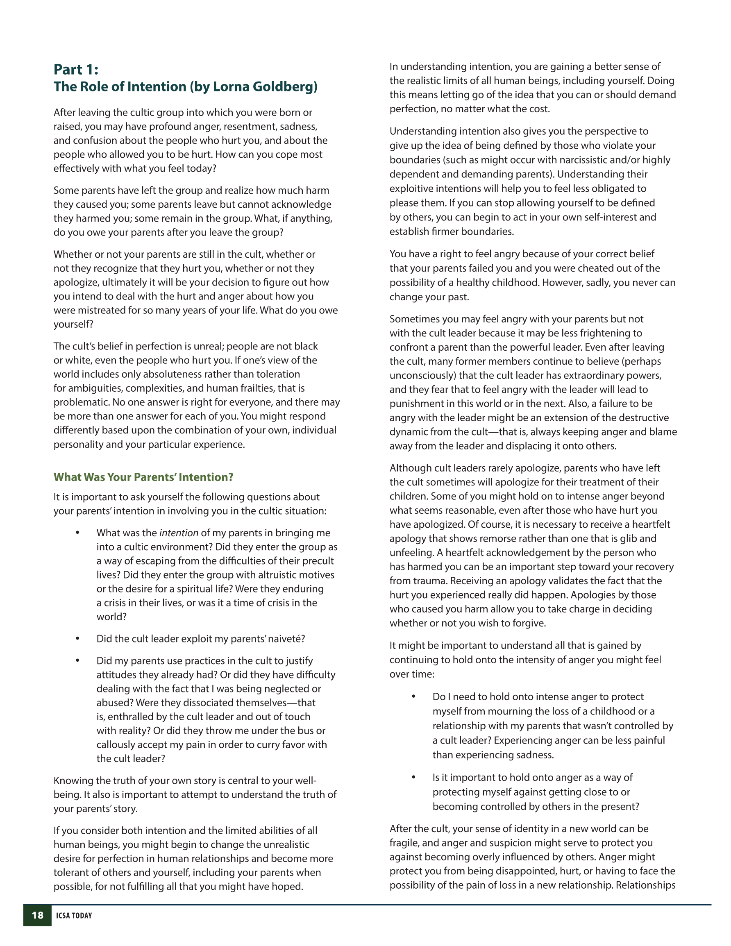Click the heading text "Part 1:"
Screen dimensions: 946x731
pos(76,69)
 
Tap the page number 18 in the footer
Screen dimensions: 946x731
pos(37,915)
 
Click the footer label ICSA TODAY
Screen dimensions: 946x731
pos(74,915)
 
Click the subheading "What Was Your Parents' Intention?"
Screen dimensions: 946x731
pos(143,477)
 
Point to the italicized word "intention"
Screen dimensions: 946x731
pos(179,533)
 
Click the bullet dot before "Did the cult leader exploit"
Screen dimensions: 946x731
pos(77,638)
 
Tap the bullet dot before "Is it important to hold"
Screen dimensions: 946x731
pos(413,777)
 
